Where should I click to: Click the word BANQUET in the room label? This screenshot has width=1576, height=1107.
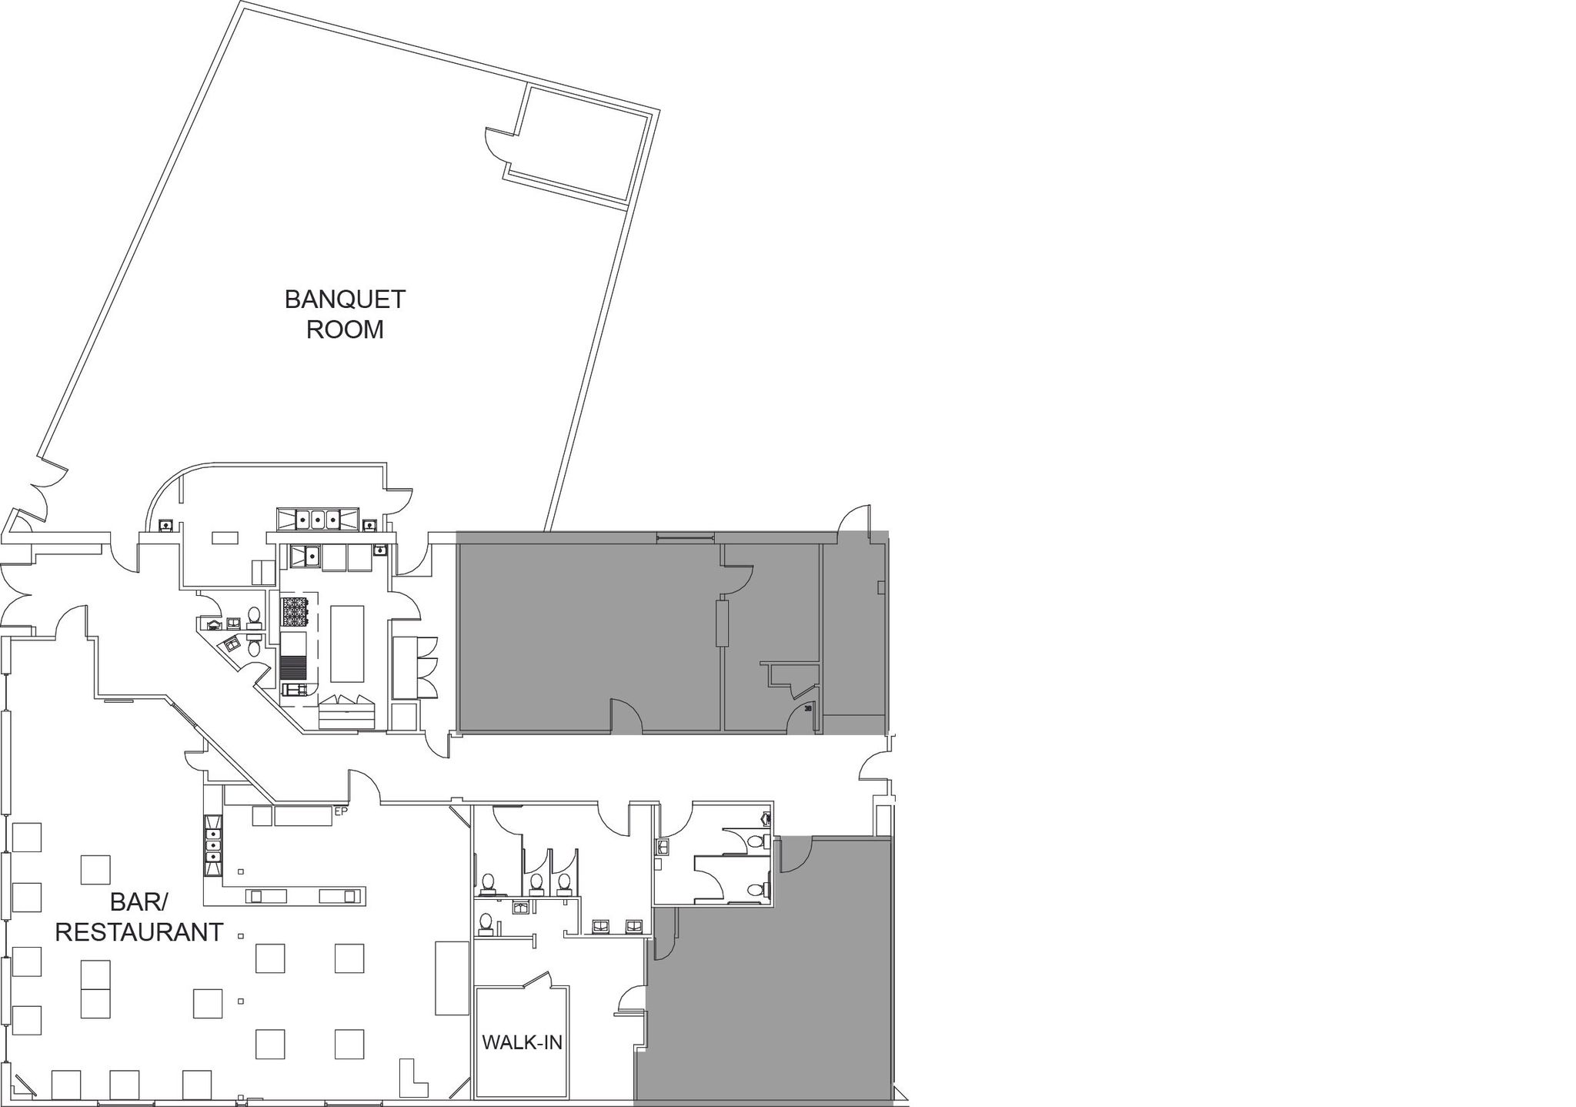pos(345,299)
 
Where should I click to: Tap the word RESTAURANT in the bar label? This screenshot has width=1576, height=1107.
pos(139,932)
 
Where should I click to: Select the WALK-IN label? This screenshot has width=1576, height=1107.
pos(522,1042)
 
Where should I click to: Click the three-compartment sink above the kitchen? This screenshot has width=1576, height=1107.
pos(319,519)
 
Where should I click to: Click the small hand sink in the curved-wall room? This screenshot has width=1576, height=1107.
pos(165,525)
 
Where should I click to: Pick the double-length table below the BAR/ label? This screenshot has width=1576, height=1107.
pos(96,989)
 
